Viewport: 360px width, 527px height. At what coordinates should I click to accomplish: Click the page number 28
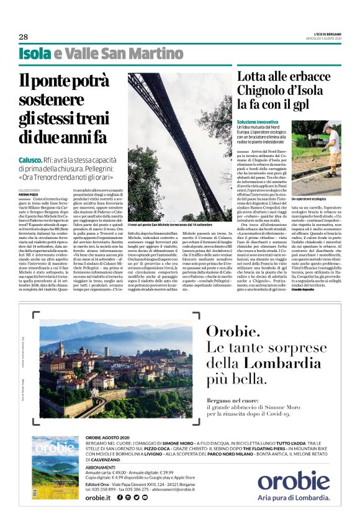coord(23,37)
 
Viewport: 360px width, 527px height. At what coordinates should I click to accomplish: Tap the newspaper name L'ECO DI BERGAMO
coord(324,34)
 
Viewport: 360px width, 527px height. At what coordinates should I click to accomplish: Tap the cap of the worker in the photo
coord(326,127)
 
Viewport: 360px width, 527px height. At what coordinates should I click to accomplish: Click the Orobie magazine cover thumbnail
coord(55,467)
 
